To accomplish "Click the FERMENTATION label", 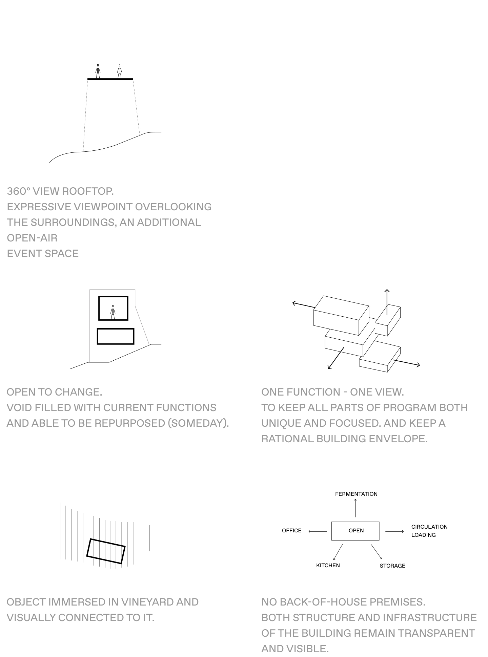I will click(356, 494).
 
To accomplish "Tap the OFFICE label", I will click(291, 531).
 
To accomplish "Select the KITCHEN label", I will click(328, 566).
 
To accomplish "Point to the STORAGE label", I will click(392, 566).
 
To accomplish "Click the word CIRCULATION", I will click(429, 527).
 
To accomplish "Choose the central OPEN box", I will click(355, 531).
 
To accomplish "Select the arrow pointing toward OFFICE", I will click(318, 531).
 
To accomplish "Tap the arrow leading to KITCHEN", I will click(338, 552).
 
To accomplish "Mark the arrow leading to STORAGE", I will click(377, 552).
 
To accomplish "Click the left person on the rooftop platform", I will click(98, 71).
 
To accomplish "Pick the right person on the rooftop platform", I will click(119, 71).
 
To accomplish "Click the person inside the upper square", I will click(113, 312).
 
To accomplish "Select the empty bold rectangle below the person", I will click(116, 336).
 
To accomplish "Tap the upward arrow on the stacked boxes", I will click(387, 301).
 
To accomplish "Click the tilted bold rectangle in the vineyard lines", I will click(106, 551).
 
